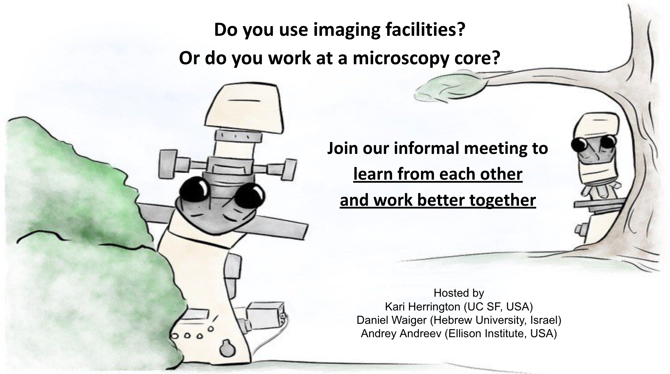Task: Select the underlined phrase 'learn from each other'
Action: pos(438,174)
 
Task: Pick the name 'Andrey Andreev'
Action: pos(401,334)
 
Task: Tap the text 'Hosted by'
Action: pos(459,293)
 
